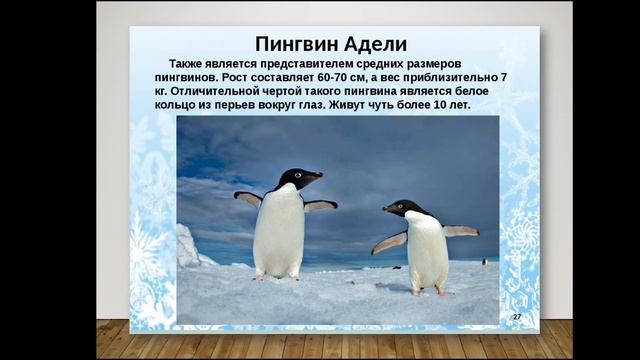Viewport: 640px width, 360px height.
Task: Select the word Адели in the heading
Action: pos(374,44)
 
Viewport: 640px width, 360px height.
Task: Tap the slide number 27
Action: pos(517,316)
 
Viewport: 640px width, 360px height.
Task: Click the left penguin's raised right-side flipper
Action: pos(320,205)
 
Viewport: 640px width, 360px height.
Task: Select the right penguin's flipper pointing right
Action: pos(461,230)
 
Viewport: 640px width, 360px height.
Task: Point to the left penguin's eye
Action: pos(297,175)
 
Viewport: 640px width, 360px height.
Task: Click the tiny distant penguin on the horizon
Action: pos(484,261)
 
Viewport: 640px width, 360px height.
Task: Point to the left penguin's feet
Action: pos(276,276)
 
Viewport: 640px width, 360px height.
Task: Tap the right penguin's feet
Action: pos(430,291)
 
